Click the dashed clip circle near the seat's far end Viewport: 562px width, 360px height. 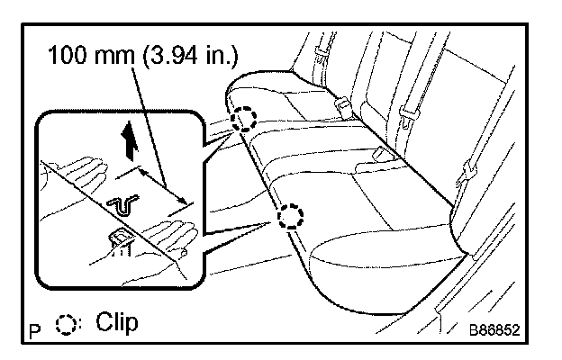click(243, 119)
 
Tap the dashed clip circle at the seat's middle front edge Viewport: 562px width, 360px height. click(290, 216)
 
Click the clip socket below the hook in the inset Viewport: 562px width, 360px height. click(119, 238)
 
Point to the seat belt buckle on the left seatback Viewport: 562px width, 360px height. click(345, 106)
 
